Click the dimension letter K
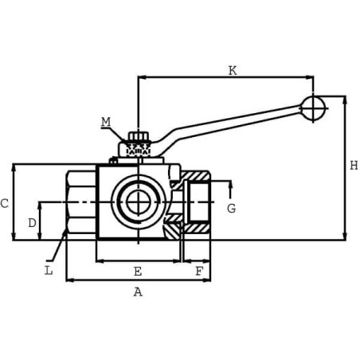coord(232,71)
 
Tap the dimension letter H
coord(354,166)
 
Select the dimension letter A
coord(138,292)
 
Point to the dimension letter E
coord(138,272)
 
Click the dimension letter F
coord(199,272)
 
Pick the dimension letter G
coord(231,209)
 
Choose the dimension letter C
coord(5,204)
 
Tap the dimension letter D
coord(32,223)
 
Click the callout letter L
coord(49,271)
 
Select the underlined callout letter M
coord(106,122)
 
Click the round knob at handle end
coord(314,108)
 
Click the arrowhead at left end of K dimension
coord(141,77)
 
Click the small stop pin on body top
coord(113,161)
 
